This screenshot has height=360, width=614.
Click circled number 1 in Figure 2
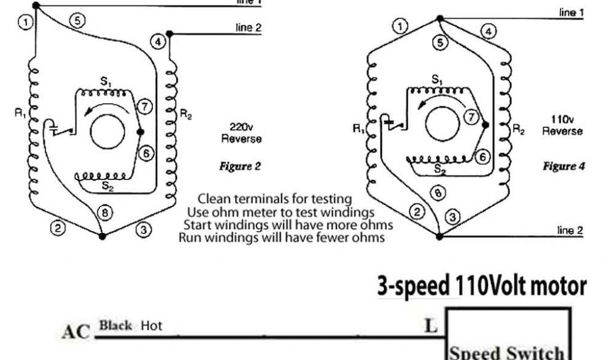click(x=25, y=23)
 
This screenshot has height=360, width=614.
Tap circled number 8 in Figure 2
click(x=105, y=212)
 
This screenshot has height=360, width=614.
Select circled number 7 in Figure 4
click(x=472, y=117)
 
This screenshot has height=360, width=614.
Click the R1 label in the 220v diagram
click(x=20, y=112)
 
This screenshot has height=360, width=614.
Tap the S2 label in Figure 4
click(x=440, y=170)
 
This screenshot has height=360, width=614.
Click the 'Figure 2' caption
click(x=240, y=167)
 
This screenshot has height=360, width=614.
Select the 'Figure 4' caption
click(x=564, y=166)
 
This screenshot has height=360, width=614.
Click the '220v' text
click(x=242, y=127)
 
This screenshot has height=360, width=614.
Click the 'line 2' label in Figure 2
click(x=249, y=28)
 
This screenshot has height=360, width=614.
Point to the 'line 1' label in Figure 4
click(x=571, y=13)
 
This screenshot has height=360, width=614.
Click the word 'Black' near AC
click(x=116, y=326)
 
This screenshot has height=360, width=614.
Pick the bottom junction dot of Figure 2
click(x=102, y=236)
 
